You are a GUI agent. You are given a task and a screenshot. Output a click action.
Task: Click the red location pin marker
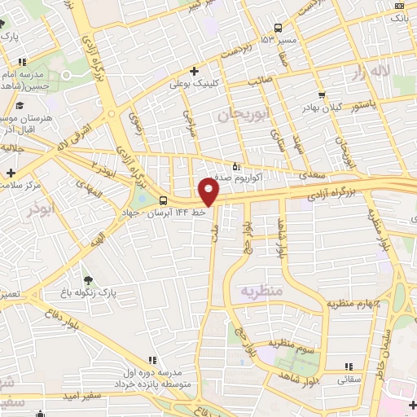[209, 191]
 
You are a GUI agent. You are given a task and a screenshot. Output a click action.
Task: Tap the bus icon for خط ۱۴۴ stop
[164, 200]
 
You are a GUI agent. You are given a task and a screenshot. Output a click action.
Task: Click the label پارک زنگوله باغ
[114, 291]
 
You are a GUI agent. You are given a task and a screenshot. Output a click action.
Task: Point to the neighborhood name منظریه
[261, 291]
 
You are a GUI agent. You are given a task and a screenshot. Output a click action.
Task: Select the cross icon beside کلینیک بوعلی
[194, 71]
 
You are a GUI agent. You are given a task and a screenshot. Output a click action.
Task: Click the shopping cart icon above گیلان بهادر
[321, 94]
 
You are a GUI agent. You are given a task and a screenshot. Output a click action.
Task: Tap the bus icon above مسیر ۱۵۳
[279, 27]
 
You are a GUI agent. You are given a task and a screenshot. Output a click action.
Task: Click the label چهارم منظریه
[354, 303]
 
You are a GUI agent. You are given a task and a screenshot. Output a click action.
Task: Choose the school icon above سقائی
[350, 367]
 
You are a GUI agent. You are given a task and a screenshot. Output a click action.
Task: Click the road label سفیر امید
[81, 395]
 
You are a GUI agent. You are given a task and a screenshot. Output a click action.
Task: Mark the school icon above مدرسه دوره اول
[152, 359]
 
